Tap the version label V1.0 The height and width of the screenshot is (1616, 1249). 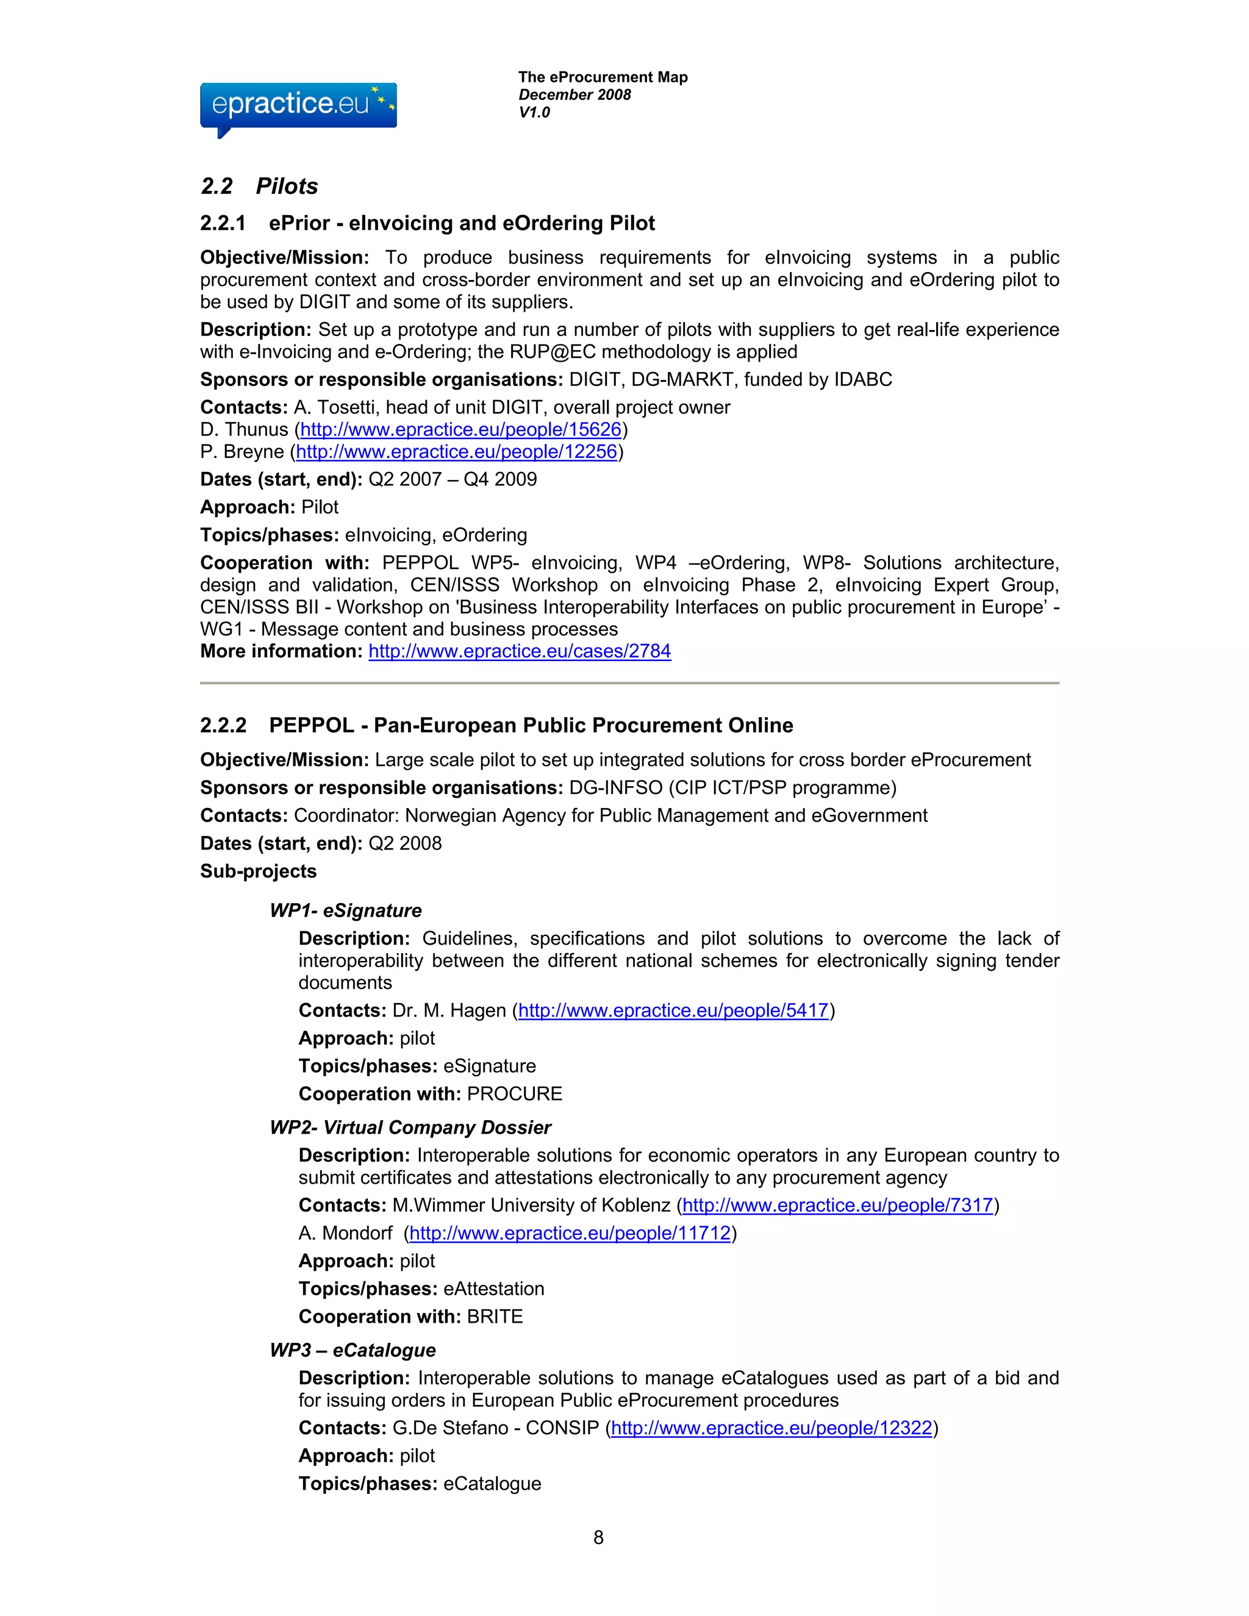pos(534,112)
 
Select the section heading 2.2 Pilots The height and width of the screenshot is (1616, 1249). pos(259,186)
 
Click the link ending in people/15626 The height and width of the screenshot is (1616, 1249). pos(460,430)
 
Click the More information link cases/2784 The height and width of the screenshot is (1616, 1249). pos(520,651)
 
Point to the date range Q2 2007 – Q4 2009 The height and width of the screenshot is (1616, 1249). pos(452,479)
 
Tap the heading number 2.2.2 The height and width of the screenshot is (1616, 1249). pos(223,725)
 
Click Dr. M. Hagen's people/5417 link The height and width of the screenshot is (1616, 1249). pos(673,1010)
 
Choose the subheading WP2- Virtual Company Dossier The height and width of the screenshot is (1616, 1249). pos(410,1128)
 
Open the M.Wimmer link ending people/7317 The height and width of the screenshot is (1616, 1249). pos(837,1206)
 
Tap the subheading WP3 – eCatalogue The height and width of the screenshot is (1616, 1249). pos(353,1350)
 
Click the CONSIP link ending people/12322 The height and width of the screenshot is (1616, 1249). pos(771,1428)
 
